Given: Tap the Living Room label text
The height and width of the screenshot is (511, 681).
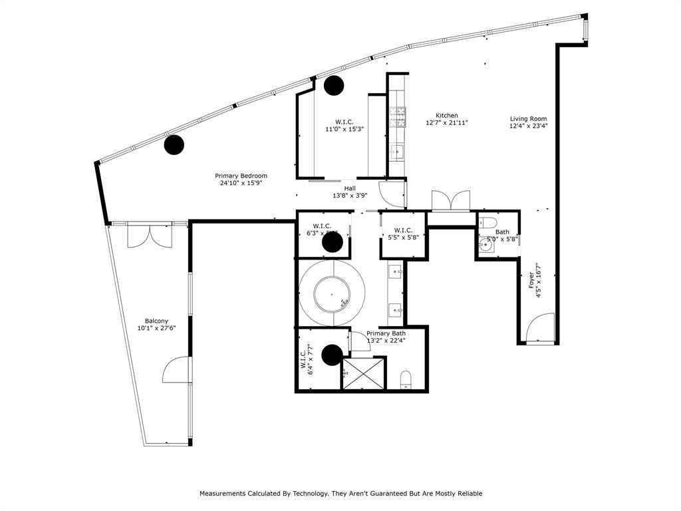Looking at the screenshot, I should click(529, 118).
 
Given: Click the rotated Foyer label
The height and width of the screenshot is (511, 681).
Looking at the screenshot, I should click(531, 279).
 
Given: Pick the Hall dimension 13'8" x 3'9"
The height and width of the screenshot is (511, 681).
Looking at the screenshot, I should click(350, 196).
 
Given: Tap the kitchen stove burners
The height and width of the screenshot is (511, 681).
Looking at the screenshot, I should click(398, 117).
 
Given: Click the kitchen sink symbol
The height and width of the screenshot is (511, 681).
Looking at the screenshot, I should click(397, 152).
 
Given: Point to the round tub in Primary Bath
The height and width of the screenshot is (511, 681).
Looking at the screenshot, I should click(331, 293).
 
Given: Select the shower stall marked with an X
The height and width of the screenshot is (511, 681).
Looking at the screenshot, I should click(363, 373).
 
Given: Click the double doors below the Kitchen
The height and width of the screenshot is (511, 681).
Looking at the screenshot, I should click(450, 200).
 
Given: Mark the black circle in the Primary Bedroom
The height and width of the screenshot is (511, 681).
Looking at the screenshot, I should click(174, 144).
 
